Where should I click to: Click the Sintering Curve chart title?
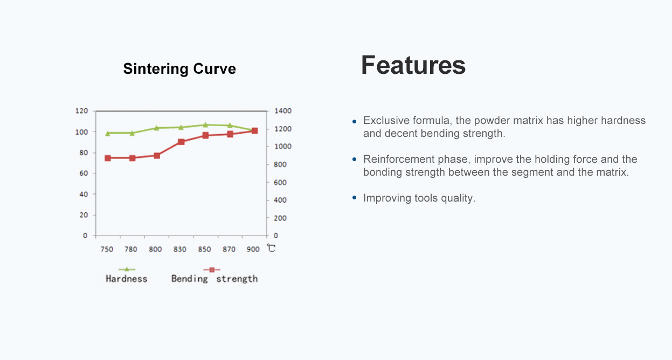[x=179, y=68]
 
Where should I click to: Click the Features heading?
[x=413, y=65]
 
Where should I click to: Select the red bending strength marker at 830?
[x=181, y=142]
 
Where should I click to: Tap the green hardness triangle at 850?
[x=205, y=125]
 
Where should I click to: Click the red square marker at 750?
[x=108, y=158]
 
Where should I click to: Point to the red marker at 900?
[x=255, y=130]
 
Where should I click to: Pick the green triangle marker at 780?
[x=132, y=133]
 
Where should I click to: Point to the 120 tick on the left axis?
[x=81, y=111]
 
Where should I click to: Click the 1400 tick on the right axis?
[x=282, y=111]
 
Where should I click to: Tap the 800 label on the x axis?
[x=155, y=250]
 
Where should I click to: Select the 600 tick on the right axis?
[x=280, y=182]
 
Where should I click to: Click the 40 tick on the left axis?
[x=84, y=195]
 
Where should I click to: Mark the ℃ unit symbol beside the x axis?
[x=271, y=248]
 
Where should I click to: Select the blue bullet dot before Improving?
[x=354, y=198]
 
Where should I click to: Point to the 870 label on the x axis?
[x=229, y=250]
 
